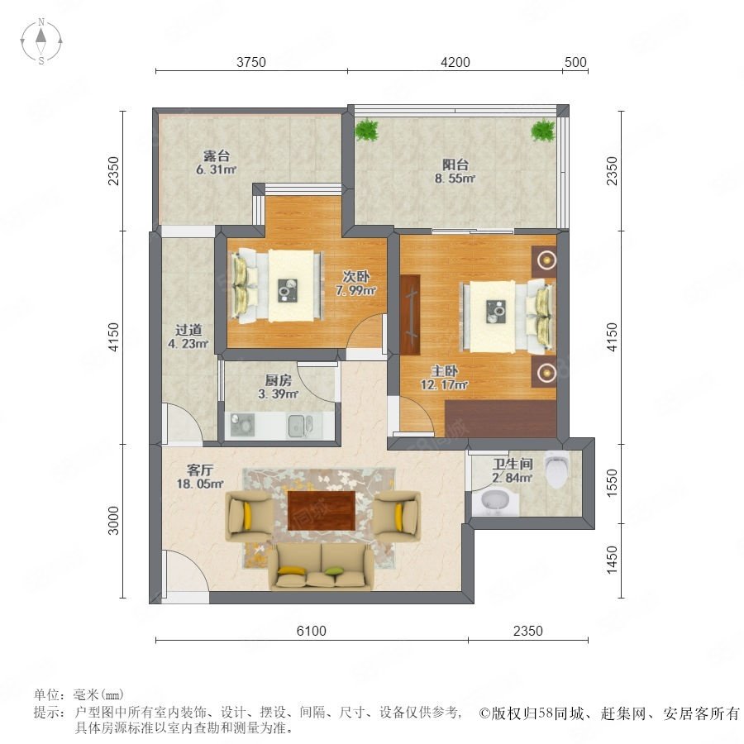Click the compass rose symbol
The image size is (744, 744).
tap(41, 41)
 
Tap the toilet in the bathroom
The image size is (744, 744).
tap(556, 468)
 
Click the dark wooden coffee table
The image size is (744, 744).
tap(322, 511)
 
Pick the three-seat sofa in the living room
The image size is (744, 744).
tap(322, 567)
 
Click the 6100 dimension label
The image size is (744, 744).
tap(312, 631)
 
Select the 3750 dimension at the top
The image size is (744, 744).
tap(251, 62)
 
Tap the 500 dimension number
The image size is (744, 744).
tap(575, 62)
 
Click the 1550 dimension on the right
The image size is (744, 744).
tap(612, 483)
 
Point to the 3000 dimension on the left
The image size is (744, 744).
tap(113, 520)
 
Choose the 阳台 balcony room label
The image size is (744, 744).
tap(455, 165)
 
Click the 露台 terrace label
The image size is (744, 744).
tap(217, 155)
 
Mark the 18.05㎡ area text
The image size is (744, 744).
tap(200, 484)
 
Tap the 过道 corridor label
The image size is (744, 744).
tap(188, 329)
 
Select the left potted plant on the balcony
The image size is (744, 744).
tap(367, 129)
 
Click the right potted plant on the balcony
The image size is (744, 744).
tap(543, 129)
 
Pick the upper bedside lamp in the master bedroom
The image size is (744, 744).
tap(547, 260)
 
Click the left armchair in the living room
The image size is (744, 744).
tap(249, 516)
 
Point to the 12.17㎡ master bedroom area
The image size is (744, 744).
tap(444, 384)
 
